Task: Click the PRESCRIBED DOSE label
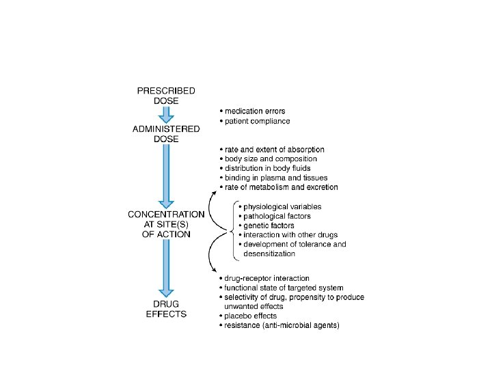click(166, 95)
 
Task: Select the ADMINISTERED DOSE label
click(166, 134)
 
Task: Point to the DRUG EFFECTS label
click(166, 310)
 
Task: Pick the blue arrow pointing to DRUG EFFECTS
click(166, 270)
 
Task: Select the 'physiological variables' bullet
click(282, 206)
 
